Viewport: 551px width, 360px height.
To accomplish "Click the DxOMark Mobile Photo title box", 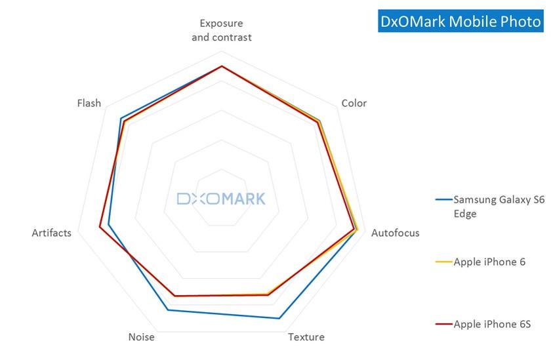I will (461, 22).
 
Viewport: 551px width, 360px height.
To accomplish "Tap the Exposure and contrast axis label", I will (222, 30).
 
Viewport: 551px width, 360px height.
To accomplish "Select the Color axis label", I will (354, 103).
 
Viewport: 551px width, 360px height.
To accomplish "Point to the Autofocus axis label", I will (395, 233).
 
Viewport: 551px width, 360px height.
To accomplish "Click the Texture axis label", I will (306, 337).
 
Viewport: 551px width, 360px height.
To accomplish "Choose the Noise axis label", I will (142, 337).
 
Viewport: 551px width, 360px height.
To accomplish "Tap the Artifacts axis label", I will (52, 233).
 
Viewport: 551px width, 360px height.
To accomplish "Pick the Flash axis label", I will (89, 103).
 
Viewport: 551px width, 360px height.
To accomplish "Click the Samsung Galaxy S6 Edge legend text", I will (499, 207).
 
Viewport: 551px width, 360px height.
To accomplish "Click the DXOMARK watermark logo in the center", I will (221, 199).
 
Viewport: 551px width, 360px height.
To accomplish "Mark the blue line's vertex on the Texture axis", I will (279, 319).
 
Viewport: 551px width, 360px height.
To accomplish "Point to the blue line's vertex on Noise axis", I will (168, 310).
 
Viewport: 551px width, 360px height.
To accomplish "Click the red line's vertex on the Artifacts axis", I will (100, 228).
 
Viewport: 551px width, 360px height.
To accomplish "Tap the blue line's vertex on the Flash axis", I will (121, 119).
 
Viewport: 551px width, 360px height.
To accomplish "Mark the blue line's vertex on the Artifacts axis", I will (109, 225).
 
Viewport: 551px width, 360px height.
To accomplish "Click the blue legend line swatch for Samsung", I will (443, 199).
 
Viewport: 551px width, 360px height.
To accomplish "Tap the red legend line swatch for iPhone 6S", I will (443, 324).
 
